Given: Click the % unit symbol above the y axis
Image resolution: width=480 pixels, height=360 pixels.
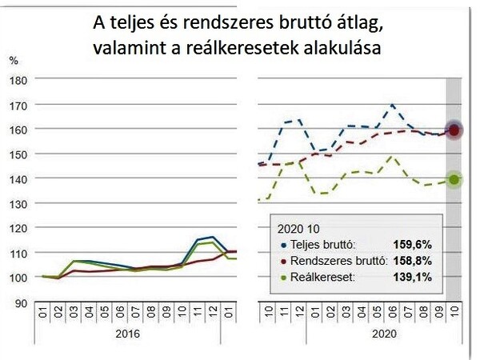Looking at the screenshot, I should coord(13,60).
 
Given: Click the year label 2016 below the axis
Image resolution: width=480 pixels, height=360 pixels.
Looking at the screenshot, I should coord(128,333).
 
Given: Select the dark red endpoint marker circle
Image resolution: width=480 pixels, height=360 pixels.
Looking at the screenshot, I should coord(454,130).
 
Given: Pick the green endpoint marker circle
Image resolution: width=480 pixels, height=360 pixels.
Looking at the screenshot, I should coord(454,180).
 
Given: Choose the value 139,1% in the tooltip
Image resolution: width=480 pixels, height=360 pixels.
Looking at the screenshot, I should coord(414,277).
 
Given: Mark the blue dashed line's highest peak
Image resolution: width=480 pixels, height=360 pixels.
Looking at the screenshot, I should coord(391,105).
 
